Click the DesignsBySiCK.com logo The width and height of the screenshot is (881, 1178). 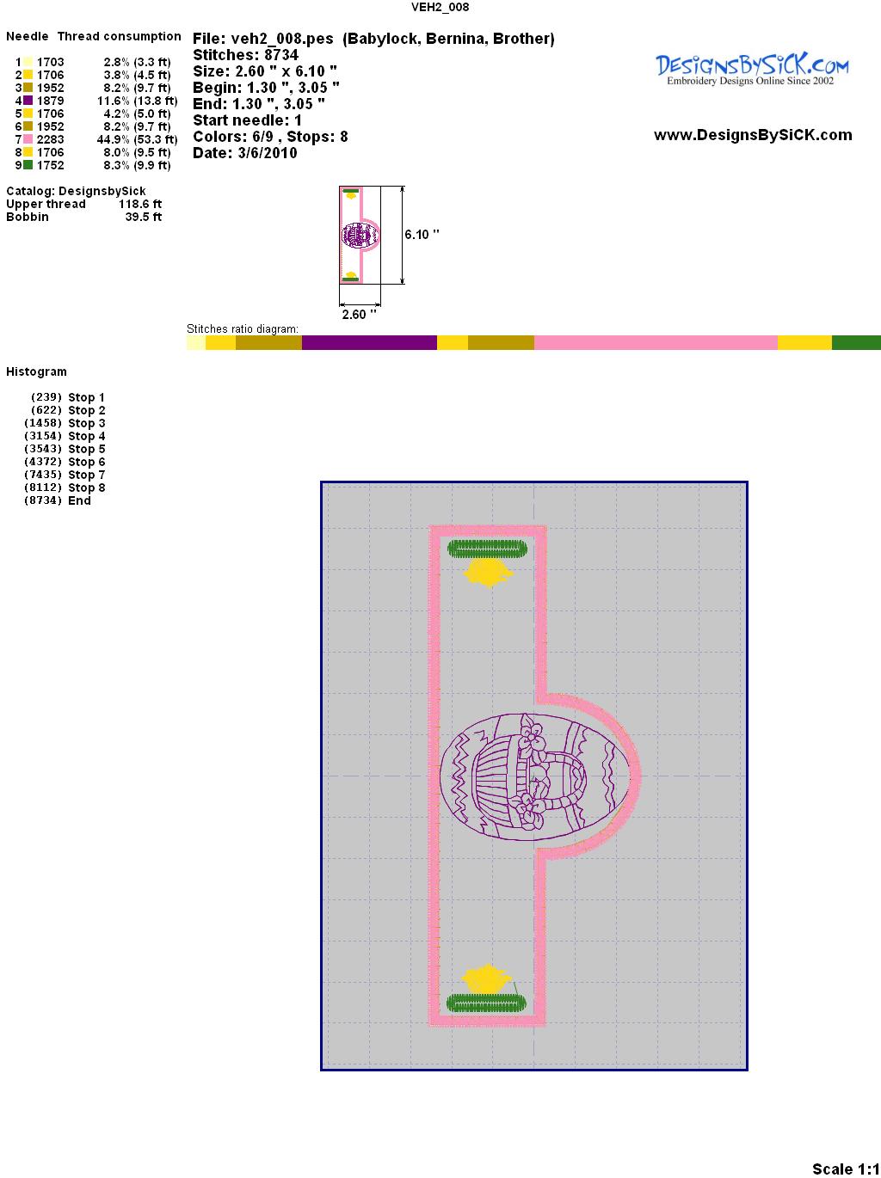click(x=752, y=70)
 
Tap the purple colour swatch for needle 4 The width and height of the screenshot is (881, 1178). click(x=28, y=101)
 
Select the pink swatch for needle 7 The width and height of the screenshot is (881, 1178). click(x=28, y=139)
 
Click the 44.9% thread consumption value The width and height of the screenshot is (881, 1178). click(x=113, y=139)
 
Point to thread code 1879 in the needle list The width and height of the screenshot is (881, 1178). click(x=51, y=101)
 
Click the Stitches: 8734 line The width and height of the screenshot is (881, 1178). click(x=245, y=55)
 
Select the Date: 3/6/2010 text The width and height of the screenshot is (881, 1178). click(x=245, y=153)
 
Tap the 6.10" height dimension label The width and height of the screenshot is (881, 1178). click(x=422, y=235)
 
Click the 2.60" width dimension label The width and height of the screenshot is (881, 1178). click(x=359, y=314)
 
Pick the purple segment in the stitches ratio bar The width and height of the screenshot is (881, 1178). click(x=369, y=342)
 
